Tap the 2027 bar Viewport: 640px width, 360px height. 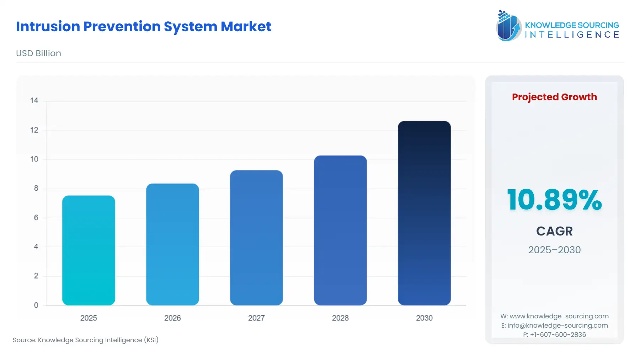(256, 238)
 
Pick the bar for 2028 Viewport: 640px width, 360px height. (340, 230)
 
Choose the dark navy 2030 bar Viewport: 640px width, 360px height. (424, 213)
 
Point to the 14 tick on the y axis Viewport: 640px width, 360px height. (34, 101)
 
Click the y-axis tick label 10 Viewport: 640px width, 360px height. (34, 159)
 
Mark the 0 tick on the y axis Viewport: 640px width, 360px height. (36, 305)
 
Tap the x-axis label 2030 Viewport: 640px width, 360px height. (424, 318)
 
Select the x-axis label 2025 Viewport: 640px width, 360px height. (89, 318)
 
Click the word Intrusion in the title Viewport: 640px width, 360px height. (48, 27)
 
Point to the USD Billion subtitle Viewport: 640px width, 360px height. (38, 53)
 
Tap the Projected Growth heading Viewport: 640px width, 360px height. (554, 97)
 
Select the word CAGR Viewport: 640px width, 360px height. (554, 231)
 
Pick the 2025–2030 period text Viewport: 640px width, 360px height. (554, 250)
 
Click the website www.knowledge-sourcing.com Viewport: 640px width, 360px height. (559, 316)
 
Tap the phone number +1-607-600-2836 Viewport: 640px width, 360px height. (558, 335)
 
